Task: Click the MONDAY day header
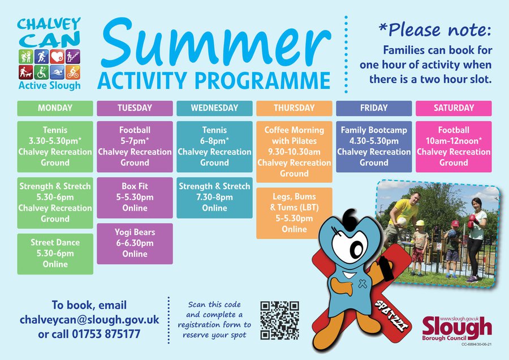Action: click(x=55, y=108)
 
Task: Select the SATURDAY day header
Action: click(x=454, y=108)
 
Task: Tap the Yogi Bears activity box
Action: click(x=135, y=244)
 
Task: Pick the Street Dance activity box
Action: click(x=55, y=254)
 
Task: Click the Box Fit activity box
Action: click(x=135, y=198)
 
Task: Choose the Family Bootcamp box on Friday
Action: click(x=374, y=147)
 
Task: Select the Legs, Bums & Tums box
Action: click(x=294, y=213)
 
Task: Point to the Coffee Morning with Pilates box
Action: click(x=294, y=152)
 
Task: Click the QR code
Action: click(x=279, y=320)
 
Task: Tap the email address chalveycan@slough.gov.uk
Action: click(x=89, y=320)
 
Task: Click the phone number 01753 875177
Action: click(x=106, y=334)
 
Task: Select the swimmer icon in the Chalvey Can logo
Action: click(x=57, y=72)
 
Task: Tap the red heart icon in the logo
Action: click(x=57, y=57)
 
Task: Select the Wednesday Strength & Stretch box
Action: click(x=214, y=198)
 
